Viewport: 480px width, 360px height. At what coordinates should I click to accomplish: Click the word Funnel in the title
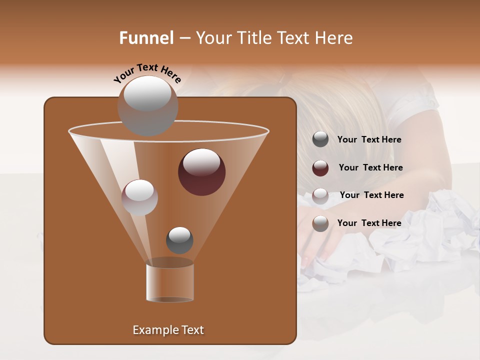tap(146, 38)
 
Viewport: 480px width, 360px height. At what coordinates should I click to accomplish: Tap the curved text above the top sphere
tap(147, 72)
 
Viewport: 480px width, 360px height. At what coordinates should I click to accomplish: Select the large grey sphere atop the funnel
tap(147, 105)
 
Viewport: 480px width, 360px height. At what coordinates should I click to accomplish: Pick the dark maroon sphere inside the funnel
tap(201, 171)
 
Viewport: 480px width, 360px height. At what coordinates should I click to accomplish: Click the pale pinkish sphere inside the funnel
tap(139, 197)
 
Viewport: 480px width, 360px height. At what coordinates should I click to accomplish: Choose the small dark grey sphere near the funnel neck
tap(179, 240)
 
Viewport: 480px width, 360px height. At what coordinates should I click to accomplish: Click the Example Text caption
tap(168, 330)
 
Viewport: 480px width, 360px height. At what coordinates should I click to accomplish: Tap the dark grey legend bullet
tap(320, 139)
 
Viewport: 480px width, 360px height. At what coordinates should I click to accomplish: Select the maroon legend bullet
tap(320, 168)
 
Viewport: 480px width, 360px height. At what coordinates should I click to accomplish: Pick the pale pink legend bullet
tap(320, 195)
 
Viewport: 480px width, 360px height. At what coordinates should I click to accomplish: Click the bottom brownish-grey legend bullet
tap(320, 223)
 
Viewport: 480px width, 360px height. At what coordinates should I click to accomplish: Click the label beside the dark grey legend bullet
tap(369, 140)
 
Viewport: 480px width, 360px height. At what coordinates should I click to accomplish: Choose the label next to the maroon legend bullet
tap(370, 168)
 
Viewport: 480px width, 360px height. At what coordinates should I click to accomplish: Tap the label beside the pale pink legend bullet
tap(371, 195)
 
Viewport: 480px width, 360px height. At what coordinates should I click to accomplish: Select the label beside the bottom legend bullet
tap(369, 223)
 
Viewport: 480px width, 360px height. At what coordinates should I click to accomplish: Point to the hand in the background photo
tap(320, 240)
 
